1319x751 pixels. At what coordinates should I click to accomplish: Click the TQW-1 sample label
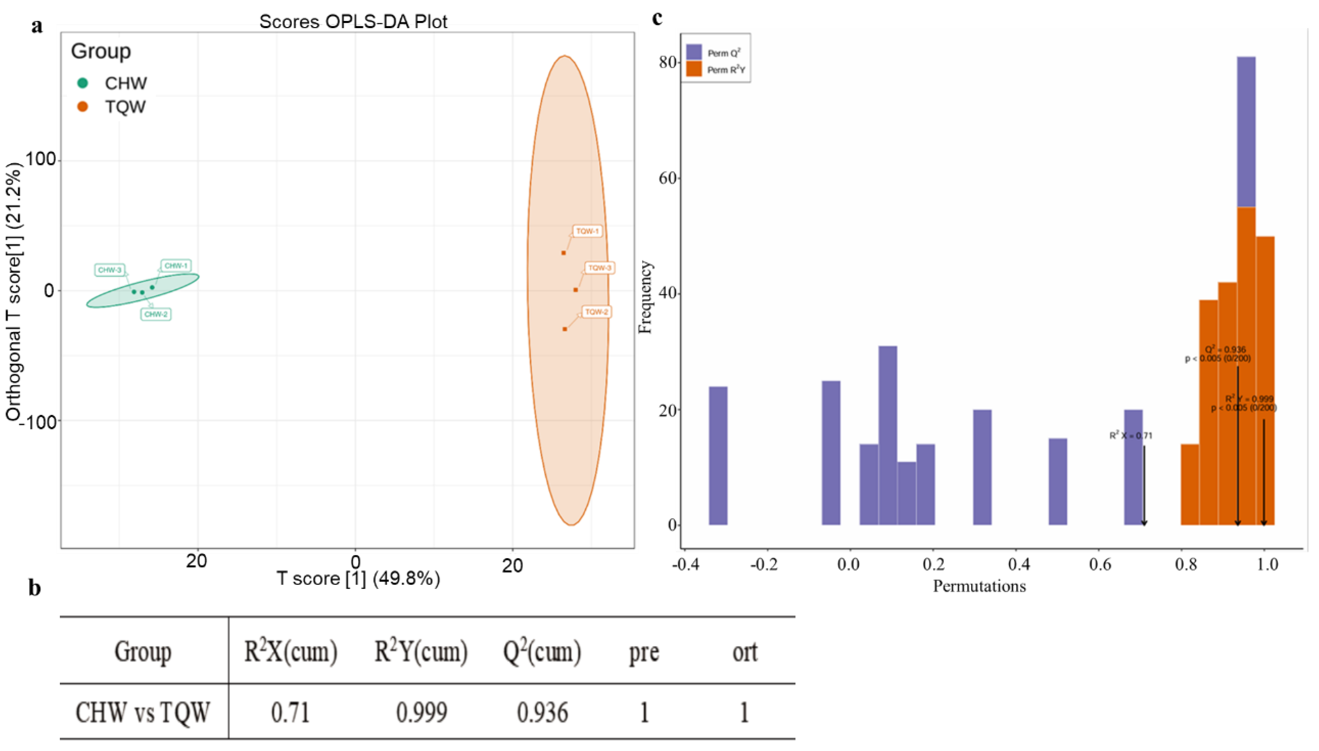(587, 231)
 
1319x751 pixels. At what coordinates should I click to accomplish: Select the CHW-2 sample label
(156, 314)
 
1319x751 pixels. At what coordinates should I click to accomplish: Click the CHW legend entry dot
(83, 83)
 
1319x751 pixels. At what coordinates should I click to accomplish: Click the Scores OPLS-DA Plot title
(353, 22)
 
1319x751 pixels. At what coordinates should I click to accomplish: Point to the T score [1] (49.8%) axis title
(358, 578)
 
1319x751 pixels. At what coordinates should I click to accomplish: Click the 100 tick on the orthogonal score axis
(40, 160)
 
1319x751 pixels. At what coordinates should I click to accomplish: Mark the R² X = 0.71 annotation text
(1131, 436)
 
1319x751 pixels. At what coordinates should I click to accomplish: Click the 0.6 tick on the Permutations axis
(1100, 564)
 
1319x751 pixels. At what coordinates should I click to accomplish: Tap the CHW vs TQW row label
(143, 713)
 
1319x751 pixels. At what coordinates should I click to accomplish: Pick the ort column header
(745, 652)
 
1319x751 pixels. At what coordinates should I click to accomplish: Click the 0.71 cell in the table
(290, 713)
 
